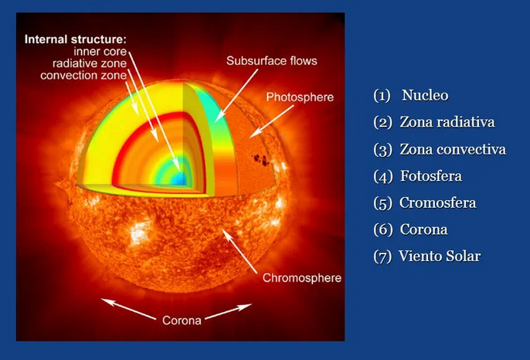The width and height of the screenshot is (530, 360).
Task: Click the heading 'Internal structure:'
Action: (x=76, y=38)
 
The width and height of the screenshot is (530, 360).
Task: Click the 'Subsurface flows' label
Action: (x=271, y=60)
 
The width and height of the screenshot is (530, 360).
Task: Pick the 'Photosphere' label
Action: (x=299, y=97)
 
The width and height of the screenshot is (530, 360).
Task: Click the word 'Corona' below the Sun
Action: (x=182, y=319)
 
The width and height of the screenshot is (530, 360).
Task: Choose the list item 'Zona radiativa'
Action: (x=447, y=122)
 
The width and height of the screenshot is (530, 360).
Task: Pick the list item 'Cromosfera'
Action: (x=437, y=203)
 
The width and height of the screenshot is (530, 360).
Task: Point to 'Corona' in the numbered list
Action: (x=423, y=229)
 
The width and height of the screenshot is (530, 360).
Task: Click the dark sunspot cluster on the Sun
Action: (x=261, y=161)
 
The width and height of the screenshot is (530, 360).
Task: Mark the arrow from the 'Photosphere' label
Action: (x=271, y=121)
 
